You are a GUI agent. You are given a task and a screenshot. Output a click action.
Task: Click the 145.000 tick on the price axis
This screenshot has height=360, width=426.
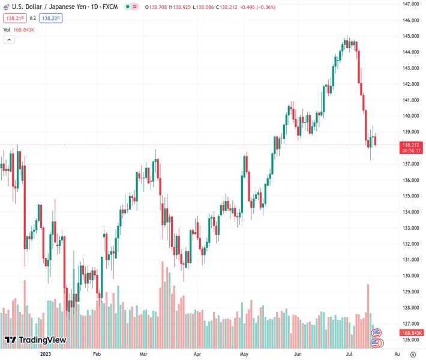tap(410, 36)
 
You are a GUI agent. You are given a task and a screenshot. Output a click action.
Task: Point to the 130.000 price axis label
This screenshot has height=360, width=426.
tap(410, 276)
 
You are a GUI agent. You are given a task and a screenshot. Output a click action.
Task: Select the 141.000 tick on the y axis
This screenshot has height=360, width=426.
tap(410, 100)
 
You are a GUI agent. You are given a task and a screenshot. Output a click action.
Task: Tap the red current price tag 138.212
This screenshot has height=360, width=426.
tap(411, 145)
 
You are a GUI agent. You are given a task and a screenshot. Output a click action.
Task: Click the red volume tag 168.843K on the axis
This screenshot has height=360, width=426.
tap(413, 333)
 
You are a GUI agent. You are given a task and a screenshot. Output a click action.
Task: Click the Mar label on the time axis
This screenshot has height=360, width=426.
tap(143, 355)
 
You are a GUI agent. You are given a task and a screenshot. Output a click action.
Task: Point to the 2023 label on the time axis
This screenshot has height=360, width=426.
tap(46, 355)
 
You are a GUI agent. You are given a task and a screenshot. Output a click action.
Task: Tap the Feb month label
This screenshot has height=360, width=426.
tap(97, 355)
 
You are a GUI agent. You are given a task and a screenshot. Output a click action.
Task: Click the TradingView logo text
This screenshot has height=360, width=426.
tap(42, 340)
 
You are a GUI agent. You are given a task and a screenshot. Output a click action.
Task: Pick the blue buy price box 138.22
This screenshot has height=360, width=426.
tap(51, 19)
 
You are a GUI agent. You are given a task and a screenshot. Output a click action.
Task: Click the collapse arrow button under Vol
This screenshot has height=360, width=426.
tap(9, 40)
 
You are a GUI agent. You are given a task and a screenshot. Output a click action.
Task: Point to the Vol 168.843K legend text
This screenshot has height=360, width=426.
tap(19, 29)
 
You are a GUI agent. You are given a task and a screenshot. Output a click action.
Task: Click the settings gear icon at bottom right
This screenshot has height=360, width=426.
tap(412, 354)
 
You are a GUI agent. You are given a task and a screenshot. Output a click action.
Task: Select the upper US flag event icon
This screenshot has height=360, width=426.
tap(377, 333)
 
